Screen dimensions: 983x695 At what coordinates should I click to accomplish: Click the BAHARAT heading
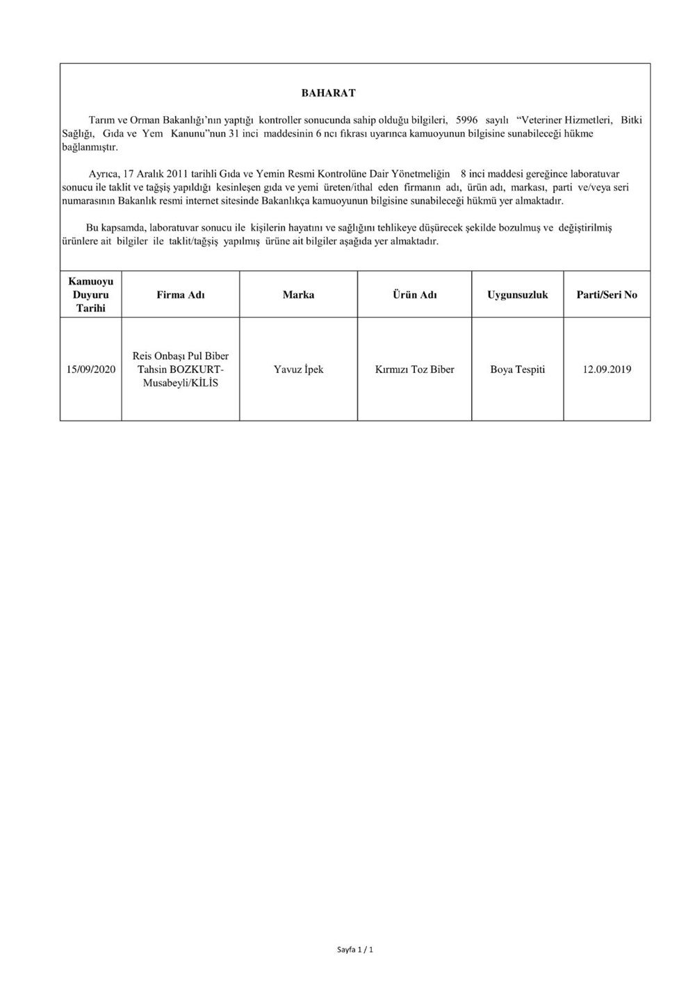tap(328, 92)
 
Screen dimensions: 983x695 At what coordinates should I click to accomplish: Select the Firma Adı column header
tap(181, 295)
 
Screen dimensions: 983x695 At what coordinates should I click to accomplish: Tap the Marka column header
tap(298, 295)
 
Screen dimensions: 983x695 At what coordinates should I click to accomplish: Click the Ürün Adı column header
tap(414, 295)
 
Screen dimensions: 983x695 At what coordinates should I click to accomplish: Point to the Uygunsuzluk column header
tap(517, 295)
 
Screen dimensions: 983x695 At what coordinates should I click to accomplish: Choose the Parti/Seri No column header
tap(607, 295)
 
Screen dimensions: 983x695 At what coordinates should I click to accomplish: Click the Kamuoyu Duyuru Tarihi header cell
tap(90, 295)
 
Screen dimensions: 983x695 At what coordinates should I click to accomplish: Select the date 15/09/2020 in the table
tap(90, 370)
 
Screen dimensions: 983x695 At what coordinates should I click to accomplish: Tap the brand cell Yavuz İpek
tap(298, 370)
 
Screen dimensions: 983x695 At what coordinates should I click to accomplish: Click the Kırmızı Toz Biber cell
tap(414, 370)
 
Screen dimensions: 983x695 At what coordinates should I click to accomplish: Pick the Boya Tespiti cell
tap(517, 370)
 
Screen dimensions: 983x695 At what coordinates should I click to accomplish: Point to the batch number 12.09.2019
tap(607, 370)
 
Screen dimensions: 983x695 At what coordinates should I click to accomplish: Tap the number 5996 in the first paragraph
tap(466, 120)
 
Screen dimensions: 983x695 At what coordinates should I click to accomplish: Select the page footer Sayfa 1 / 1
tap(355, 949)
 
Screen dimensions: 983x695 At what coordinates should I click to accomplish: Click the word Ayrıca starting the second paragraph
tap(103, 174)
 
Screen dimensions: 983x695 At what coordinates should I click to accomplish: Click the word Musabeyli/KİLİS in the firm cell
tap(181, 383)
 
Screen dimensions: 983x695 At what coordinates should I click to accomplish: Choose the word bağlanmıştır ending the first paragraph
tap(90, 147)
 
